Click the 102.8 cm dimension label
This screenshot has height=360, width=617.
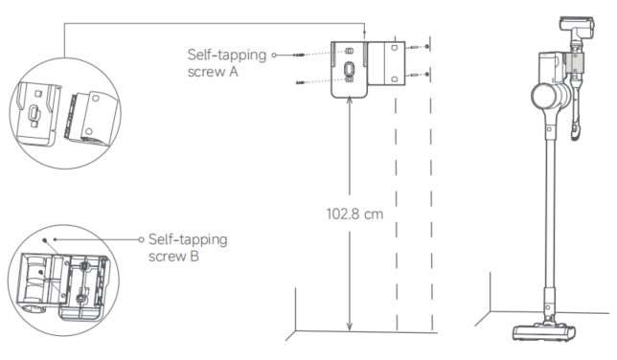[354, 214]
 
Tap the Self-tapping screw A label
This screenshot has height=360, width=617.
[227, 63]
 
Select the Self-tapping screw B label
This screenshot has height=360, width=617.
[188, 247]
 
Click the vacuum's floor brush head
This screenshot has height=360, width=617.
[544, 332]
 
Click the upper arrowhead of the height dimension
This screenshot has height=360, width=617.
[349, 101]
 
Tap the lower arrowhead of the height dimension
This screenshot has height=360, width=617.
[349, 326]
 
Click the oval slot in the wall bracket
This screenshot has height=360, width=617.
[349, 69]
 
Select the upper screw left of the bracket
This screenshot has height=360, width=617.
[299, 55]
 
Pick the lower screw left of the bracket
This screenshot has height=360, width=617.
[301, 82]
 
